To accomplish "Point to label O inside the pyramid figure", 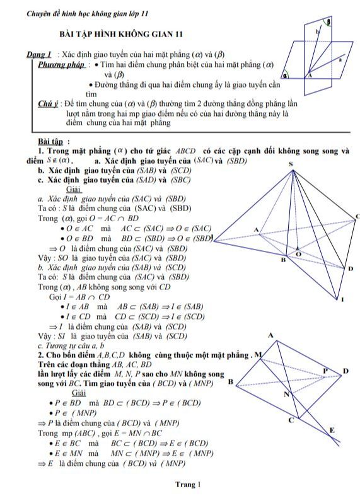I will pyautogui.click(x=299, y=254).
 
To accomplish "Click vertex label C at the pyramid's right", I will pyautogui.click(x=356, y=216).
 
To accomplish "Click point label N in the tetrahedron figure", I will pyautogui.click(x=286, y=395).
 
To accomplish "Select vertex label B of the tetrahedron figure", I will pyautogui.click(x=230, y=381).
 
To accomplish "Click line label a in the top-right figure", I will pyautogui.click(x=340, y=61).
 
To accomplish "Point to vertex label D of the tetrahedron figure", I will pyautogui.click(x=345, y=371).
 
